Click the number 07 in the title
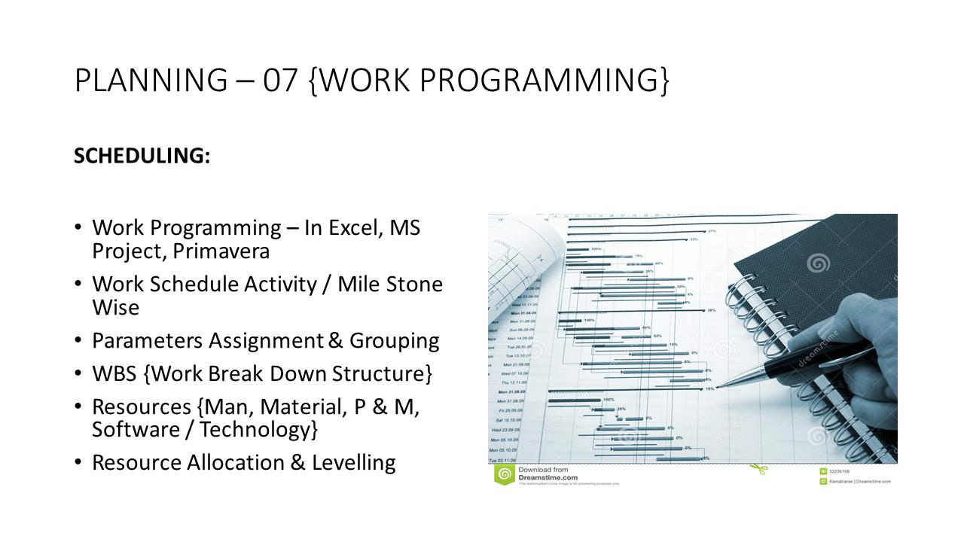point(280,81)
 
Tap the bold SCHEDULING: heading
point(142,156)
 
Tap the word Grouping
point(394,340)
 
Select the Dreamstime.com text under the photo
point(548,477)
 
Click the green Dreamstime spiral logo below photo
point(504,474)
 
